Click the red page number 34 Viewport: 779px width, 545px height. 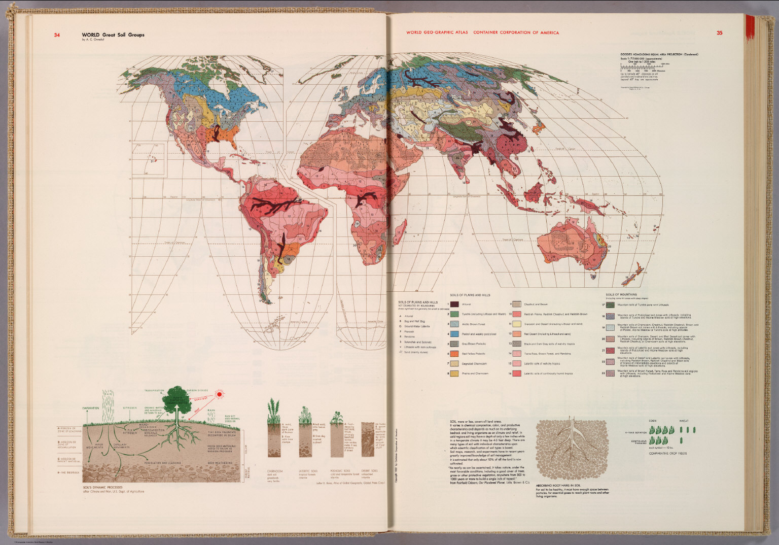pos(57,35)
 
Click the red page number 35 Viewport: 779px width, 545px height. pos(719,33)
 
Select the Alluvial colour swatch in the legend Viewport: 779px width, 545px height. pos(455,304)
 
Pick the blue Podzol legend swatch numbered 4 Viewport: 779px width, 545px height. pos(455,334)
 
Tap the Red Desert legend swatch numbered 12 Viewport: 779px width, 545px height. pos(517,334)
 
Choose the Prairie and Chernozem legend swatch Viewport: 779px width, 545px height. pos(455,373)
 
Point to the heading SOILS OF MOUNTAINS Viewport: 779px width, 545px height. pos(621,294)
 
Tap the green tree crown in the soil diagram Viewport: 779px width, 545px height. pos(177,396)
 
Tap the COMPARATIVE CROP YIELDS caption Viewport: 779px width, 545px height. pos(667,453)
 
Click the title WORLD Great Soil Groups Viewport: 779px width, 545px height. pos(113,35)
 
